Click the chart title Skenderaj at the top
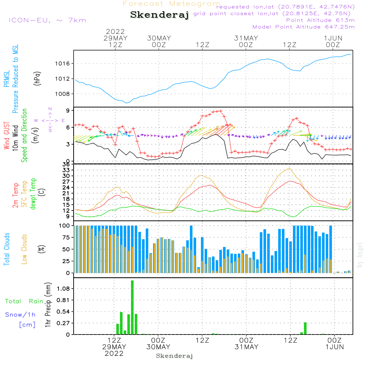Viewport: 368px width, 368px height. [x=159, y=15]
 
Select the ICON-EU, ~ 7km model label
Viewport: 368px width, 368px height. [x=47, y=20]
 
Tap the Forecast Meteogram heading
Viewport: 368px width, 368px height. [x=171, y=4]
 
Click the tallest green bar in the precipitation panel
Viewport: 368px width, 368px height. [x=132, y=307]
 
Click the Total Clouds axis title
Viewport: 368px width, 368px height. [x=7, y=249]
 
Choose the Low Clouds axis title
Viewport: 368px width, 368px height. [x=25, y=249]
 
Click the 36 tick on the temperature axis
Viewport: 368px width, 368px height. [x=67, y=164]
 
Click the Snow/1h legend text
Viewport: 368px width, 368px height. [x=20, y=315]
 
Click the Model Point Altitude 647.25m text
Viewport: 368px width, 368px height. [x=303, y=27]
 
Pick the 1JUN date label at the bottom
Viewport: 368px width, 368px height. [x=334, y=347]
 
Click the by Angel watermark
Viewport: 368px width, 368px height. [x=360, y=255]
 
